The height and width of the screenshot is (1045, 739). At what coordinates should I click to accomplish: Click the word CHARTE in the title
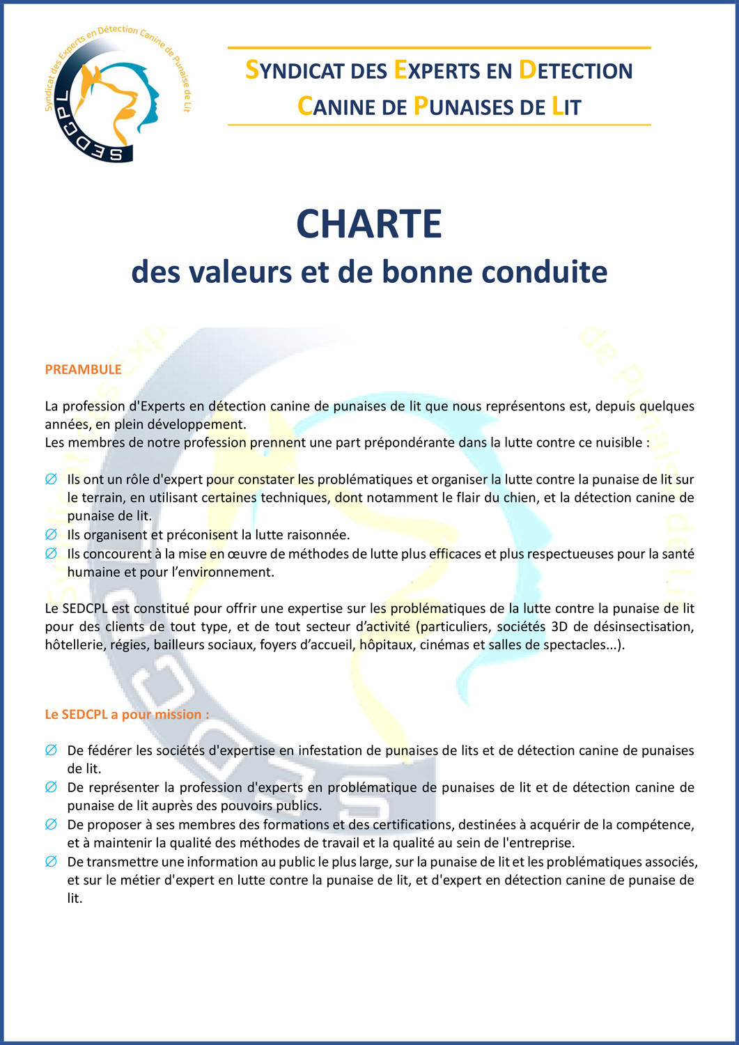click(x=369, y=224)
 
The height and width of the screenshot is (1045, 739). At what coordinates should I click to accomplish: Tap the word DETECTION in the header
click(x=576, y=70)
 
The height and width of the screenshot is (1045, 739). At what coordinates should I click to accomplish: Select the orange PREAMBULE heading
click(x=83, y=369)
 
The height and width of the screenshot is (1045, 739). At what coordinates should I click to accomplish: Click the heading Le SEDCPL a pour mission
click(x=127, y=714)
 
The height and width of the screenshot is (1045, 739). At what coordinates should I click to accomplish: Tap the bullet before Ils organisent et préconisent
click(x=51, y=534)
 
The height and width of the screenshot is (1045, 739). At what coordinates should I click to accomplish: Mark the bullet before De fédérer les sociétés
click(x=51, y=750)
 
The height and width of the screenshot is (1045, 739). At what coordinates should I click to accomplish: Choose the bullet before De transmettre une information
click(x=51, y=862)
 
